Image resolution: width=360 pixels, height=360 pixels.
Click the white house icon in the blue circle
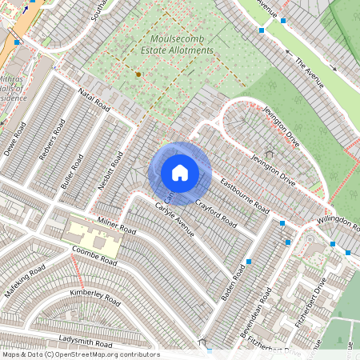[x=180, y=173]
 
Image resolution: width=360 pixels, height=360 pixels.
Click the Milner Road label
[x=117, y=225]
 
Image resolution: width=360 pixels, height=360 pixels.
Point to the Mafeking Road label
[x=22, y=282]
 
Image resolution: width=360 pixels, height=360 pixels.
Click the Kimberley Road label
[x=95, y=298]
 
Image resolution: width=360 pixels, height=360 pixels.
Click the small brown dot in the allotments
[x=138, y=74]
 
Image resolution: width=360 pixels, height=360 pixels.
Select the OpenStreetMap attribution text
[x=80, y=354]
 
